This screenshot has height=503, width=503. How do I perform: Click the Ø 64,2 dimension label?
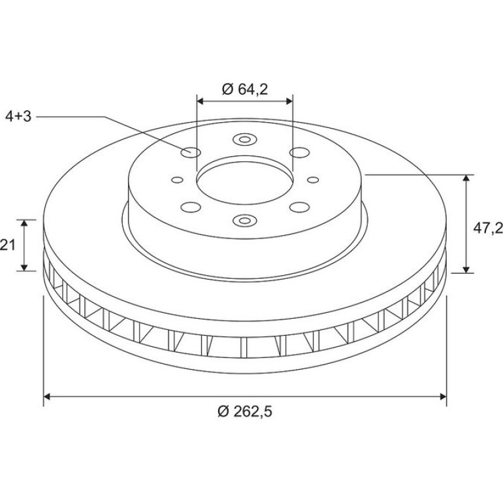245,89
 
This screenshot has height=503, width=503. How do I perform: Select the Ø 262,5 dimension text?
245,412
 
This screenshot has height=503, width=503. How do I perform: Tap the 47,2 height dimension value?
487,228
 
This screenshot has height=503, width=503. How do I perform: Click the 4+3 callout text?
18,117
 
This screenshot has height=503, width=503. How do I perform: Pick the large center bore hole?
245,180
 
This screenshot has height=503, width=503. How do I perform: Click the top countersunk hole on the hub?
245,139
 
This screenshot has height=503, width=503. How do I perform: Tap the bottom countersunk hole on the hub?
245,220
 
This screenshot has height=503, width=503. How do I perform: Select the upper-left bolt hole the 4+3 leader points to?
191,152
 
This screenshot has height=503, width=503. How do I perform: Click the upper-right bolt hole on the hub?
300,152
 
